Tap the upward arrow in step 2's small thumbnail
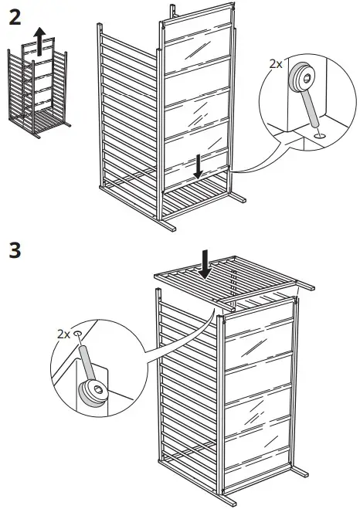click(38, 36)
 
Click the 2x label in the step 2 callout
click(276, 65)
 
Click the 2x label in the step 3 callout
click(63, 334)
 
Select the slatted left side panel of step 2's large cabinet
click(127, 116)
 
